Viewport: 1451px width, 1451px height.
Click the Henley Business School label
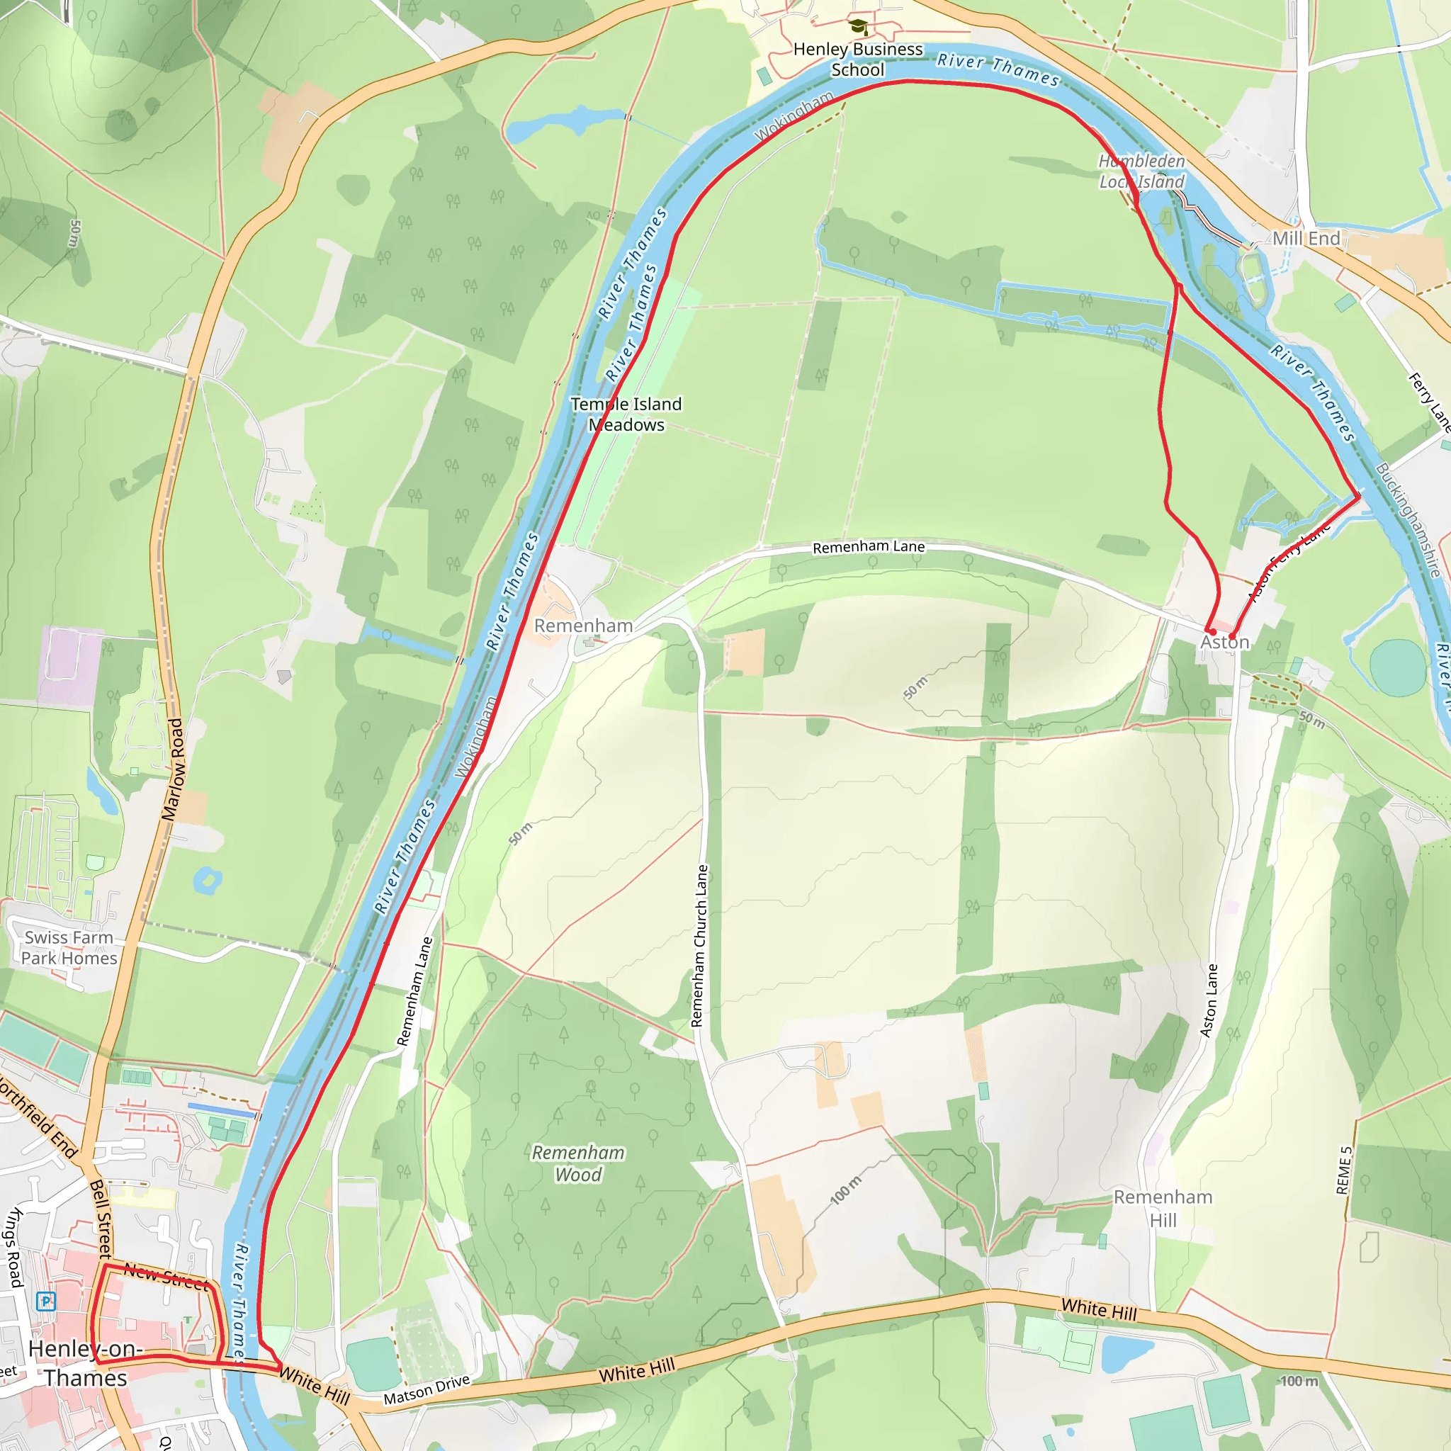(858, 60)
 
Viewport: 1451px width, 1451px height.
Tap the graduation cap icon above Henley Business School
(858, 28)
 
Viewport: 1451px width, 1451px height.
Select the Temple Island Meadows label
(626, 414)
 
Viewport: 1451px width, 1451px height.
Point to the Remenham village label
(583, 626)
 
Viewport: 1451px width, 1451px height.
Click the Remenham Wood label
(578, 1163)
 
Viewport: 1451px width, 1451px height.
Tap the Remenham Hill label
(1163, 1209)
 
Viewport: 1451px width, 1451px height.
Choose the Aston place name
(1224, 642)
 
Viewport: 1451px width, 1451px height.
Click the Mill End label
(1306, 239)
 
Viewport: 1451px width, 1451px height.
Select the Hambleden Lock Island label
(1141, 171)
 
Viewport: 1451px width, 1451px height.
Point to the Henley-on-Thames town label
(84, 1363)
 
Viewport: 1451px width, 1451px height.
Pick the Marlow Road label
(173, 770)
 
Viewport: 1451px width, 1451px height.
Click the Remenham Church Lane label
(699, 946)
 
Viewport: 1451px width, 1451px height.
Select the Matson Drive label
(427, 1389)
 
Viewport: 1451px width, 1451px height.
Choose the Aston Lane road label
(1209, 1000)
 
